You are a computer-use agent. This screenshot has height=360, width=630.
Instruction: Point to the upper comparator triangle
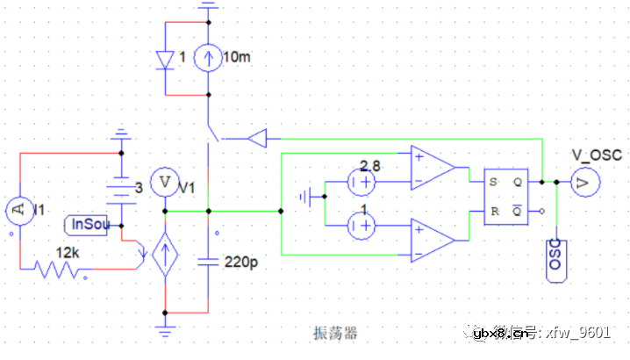click(x=432, y=168)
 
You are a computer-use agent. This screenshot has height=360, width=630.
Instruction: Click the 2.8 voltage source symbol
click(x=361, y=184)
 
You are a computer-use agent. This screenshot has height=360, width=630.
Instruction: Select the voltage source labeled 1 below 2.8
click(x=361, y=227)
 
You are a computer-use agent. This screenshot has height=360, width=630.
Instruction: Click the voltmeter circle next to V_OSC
click(x=583, y=182)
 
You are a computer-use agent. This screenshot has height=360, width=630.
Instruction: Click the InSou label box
click(x=90, y=225)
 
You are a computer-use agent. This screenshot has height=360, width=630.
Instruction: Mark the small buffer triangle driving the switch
click(x=257, y=138)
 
